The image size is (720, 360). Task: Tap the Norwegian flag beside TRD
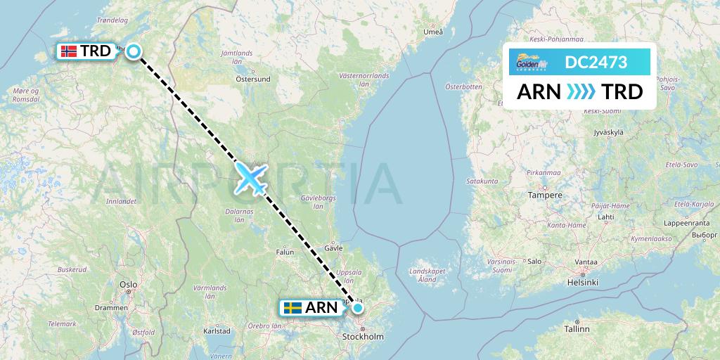68,51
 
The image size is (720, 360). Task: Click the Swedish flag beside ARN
292,307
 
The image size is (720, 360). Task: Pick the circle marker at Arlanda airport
358,307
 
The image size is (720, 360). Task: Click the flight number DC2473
596,63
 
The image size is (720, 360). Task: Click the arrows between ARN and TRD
581,92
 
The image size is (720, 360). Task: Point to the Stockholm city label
363,337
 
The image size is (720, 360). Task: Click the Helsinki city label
581,282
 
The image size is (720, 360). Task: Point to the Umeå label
434,32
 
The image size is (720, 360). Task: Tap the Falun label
285,251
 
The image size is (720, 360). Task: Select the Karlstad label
217,330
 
